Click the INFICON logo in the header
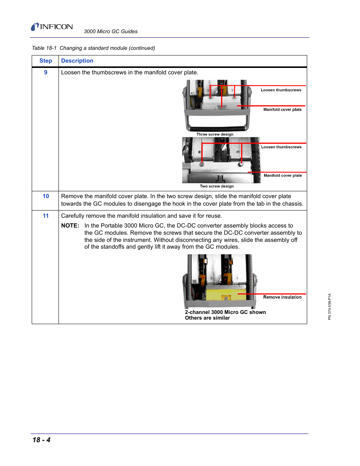tap(52, 27)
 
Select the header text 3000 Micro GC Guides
tap(111, 32)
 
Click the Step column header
tap(46, 61)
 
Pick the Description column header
tap(77, 61)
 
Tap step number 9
tap(46, 72)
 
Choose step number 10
tap(46, 196)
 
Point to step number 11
tap(46, 216)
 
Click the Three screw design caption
tap(215, 134)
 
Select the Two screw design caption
tap(217, 186)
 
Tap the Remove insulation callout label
tap(282, 297)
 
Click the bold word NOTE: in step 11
tap(70, 226)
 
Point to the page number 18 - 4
tap(42, 440)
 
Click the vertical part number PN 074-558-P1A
tap(329, 306)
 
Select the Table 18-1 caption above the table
tap(93, 48)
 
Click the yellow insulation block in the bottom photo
tap(221, 294)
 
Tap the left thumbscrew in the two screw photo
tap(202, 165)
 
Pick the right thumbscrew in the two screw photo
tap(241, 165)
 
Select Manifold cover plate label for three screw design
tap(282, 110)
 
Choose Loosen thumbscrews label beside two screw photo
tap(281, 147)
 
